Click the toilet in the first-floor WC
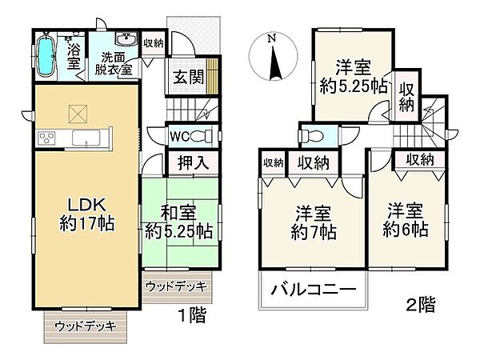tap(204, 135)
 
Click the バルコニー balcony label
tap(311, 290)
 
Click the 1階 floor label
tap(193, 315)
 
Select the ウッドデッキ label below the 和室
tap(178, 286)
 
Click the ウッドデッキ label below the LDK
tap(86, 326)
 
